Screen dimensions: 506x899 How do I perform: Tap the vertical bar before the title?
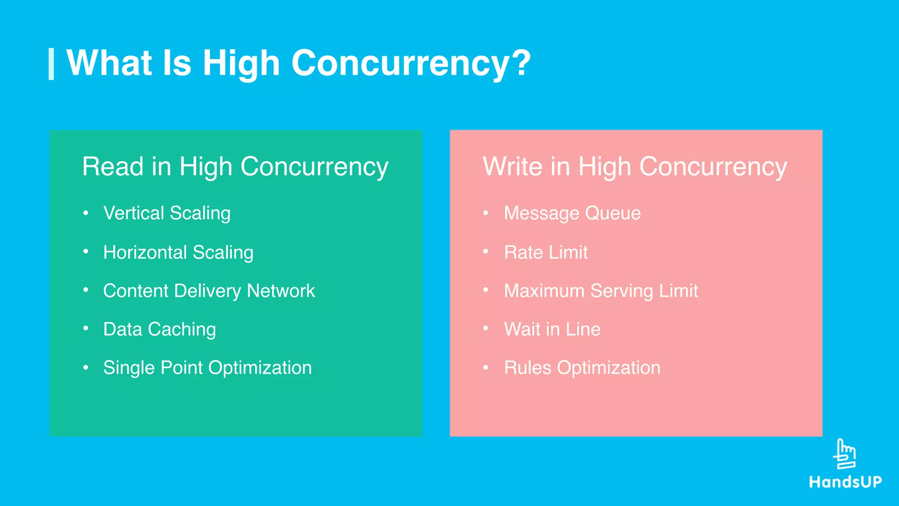[51, 64]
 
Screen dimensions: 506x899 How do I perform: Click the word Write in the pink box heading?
[513, 167]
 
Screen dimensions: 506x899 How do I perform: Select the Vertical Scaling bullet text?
[167, 213]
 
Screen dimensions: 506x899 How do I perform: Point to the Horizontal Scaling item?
[178, 253]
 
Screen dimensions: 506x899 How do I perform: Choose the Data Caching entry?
[159, 329]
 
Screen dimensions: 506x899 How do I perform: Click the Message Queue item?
[572, 213]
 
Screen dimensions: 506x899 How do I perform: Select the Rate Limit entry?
[546, 253]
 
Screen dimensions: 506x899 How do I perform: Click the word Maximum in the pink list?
[544, 291]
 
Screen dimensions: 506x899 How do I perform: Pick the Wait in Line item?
[552, 329]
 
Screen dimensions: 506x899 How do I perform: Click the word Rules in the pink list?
[527, 368]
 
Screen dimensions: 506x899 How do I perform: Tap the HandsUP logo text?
[845, 482]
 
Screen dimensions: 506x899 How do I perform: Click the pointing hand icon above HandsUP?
[845, 454]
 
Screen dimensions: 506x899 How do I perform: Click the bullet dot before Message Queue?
[485, 213]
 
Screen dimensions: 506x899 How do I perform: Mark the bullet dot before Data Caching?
[86, 329]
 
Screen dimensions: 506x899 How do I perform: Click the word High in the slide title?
[241, 63]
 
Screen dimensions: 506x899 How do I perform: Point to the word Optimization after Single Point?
[260, 368]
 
